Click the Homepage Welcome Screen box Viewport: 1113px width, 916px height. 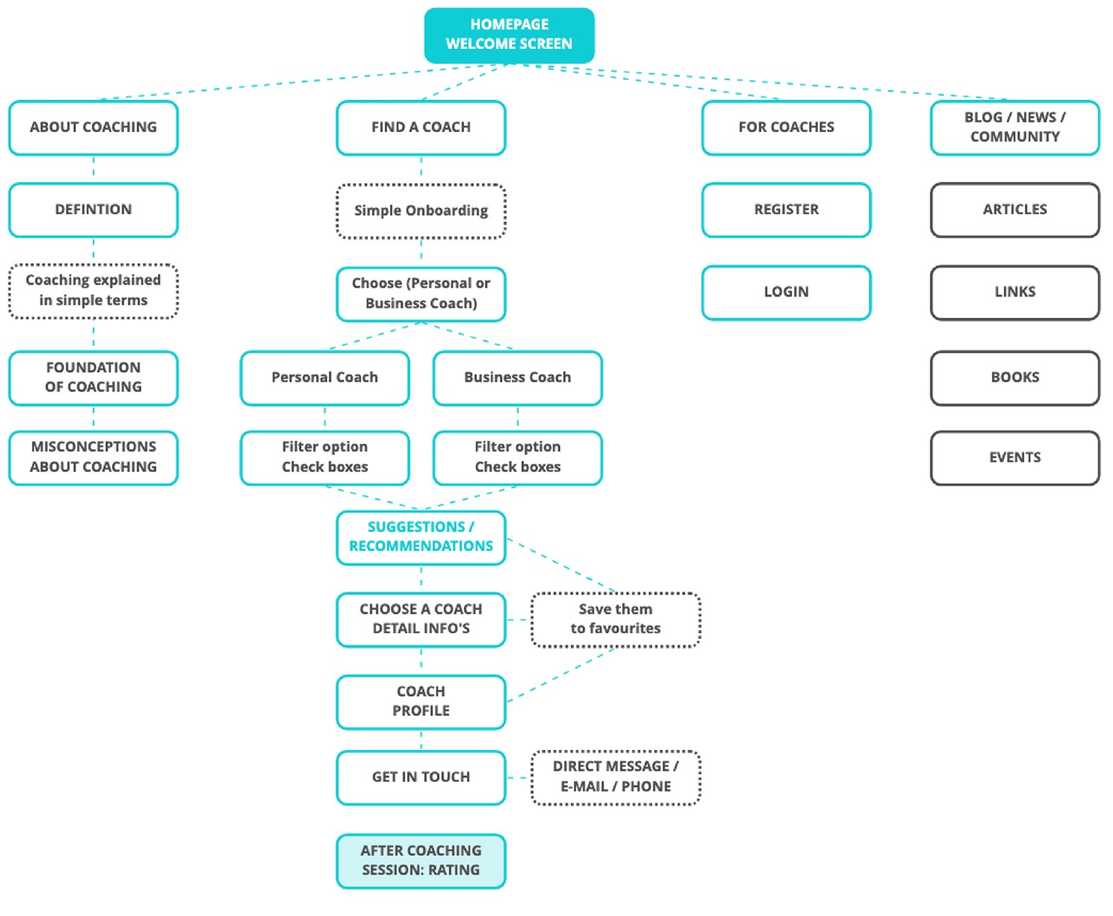point(509,35)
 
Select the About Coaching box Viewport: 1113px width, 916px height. point(93,127)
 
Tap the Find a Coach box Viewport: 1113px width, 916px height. point(420,127)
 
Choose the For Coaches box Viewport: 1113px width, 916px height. point(786,127)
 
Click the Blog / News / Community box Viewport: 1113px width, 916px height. point(1014,127)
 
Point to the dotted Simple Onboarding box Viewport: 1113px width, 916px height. point(420,211)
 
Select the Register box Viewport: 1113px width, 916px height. point(786,210)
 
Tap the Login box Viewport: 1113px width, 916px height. point(786,292)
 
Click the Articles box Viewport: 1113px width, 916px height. point(1014,210)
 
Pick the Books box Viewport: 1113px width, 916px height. point(1014,377)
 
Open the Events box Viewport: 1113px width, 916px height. point(1014,457)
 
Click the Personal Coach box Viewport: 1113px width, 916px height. point(325,378)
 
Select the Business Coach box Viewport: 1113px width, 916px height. point(518,378)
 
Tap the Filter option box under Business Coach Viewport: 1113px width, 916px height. point(518,457)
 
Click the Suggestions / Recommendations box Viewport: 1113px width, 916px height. point(420,537)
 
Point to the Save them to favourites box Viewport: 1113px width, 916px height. point(615,619)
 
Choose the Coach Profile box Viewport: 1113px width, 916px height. point(420,701)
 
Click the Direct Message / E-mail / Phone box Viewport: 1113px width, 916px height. point(615,777)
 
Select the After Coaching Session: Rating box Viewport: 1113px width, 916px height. point(420,860)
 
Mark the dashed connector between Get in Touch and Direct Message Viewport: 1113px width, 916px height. point(518,777)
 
